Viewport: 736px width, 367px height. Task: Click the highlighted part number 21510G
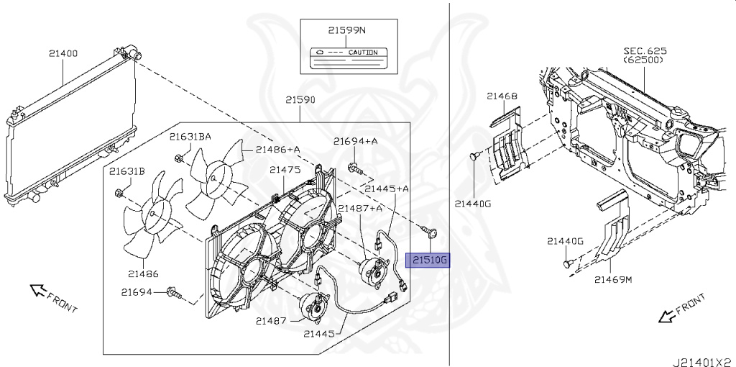428,260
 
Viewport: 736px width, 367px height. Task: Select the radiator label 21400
64,53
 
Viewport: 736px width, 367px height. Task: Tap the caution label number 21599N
347,32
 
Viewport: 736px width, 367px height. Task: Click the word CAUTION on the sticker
362,53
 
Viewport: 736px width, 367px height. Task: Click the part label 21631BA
190,137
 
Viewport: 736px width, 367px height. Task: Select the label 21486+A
277,149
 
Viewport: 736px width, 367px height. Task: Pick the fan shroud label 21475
285,170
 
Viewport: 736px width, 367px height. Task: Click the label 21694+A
355,142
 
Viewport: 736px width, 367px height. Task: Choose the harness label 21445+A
387,189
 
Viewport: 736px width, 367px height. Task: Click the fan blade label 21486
144,273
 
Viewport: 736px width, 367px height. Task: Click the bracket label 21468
502,96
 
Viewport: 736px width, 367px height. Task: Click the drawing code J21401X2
704,357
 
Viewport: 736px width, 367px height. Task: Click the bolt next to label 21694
172,292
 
